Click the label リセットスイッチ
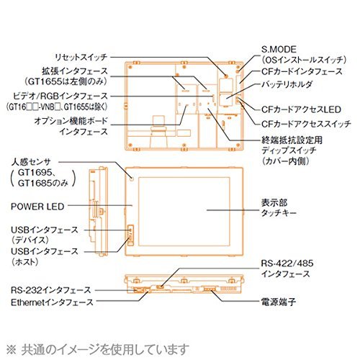coord(81,58)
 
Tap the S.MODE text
coord(279,50)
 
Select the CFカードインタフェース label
coord(302,71)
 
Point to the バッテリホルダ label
coord(287,84)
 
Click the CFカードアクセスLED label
coord(301,109)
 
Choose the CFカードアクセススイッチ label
coord(306,124)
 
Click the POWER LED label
coord(37,207)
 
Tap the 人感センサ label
coord(31,162)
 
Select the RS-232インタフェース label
coord(51,290)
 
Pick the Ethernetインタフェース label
coord(52,302)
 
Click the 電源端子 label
coord(279,302)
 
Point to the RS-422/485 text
coord(287,264)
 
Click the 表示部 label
coord(274,202)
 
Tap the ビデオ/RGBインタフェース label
coord(60,96)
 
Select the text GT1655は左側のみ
coord(65,82)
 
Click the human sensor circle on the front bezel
coord(132,179)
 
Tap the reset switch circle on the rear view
coord(225,76)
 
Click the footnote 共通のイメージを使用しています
coord(105,349)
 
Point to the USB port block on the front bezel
coord(130,235)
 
